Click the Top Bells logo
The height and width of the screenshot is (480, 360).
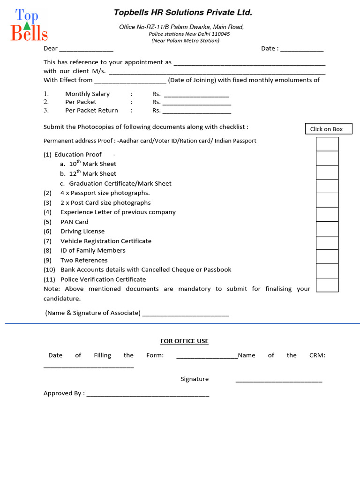29,25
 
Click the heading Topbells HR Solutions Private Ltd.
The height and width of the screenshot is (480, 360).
183,13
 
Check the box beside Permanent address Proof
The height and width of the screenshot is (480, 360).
327,144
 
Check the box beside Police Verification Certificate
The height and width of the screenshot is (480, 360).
327,285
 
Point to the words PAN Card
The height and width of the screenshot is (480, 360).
74,222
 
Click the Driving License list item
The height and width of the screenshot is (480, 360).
82,231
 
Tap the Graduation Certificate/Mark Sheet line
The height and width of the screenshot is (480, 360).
120,183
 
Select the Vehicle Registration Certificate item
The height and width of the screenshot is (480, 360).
105,241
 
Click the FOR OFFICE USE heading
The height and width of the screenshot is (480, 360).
184,341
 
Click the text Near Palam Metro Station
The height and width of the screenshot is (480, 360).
185,41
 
